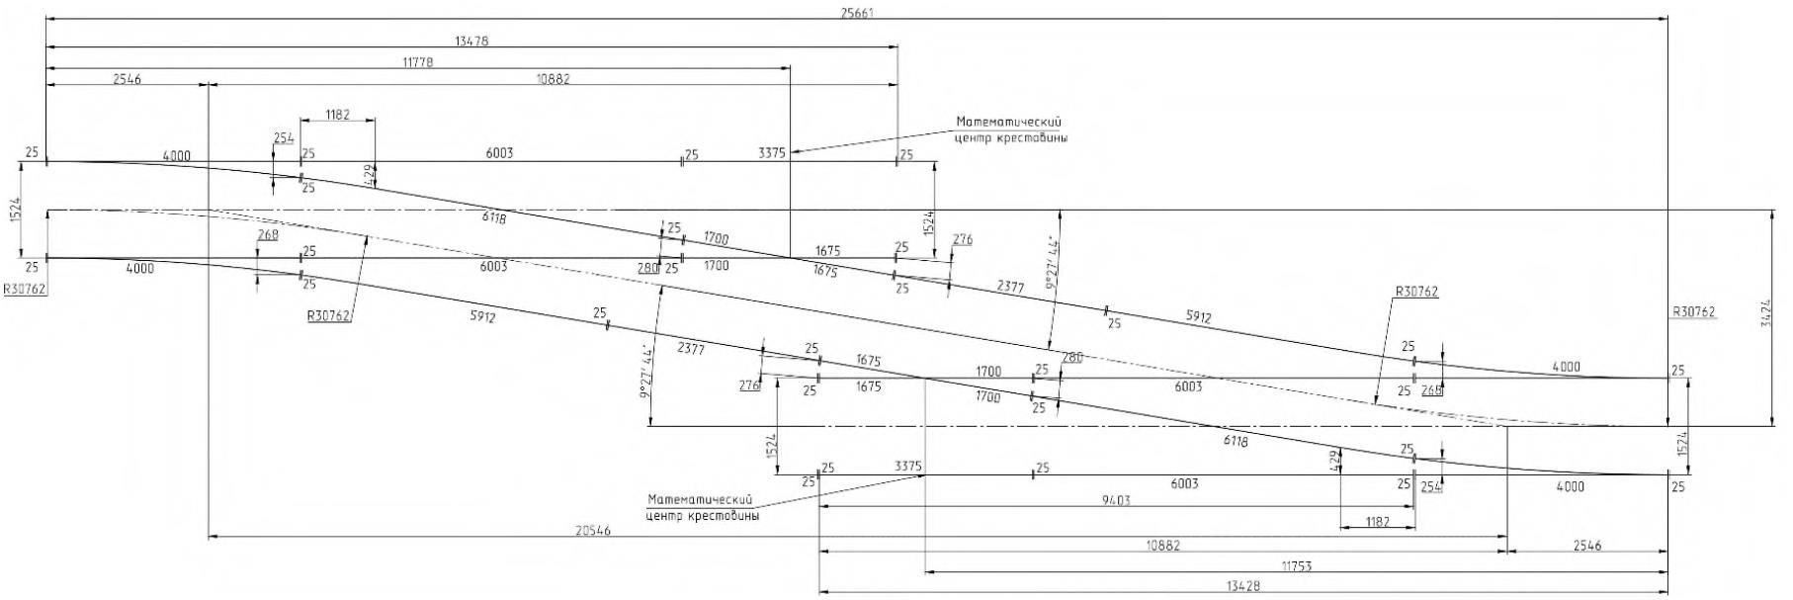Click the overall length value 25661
point(857,13)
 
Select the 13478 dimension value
point(471,42)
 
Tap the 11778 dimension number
point(418,62)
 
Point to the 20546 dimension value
point(593,531)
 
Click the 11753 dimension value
point(1296,565)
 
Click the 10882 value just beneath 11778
point(552,79)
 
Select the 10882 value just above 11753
point(1162,545)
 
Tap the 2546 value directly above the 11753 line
point(1586,545)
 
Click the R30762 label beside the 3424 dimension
point(1694,311)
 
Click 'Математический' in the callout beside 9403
point(702,500)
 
